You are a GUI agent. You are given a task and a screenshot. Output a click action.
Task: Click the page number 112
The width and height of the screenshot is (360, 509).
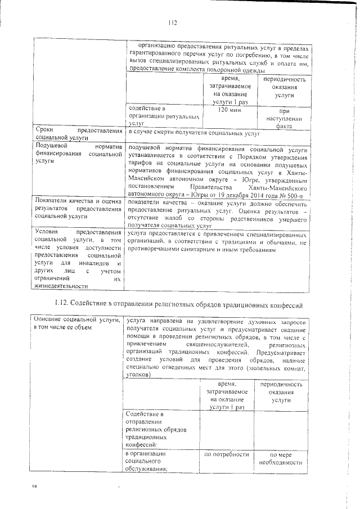173,22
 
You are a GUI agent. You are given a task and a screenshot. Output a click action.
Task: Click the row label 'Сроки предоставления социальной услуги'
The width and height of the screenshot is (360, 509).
78,133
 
